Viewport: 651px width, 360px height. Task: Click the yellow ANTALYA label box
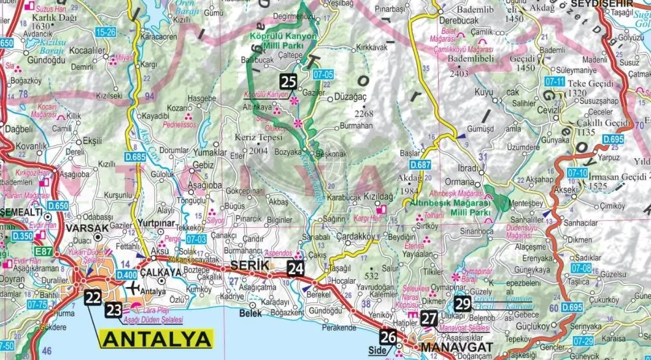click(157, 339)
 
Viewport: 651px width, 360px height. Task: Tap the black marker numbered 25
click(289, 81)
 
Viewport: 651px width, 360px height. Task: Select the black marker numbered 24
click(296, 268)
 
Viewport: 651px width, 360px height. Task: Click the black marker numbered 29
click(463, 303)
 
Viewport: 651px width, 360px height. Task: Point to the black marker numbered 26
click(388, 337)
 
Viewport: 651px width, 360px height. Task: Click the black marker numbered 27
click(429, 318)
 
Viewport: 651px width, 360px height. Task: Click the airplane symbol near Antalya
click(135, 287)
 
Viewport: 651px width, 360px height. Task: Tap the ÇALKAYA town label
click(160, 272)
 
